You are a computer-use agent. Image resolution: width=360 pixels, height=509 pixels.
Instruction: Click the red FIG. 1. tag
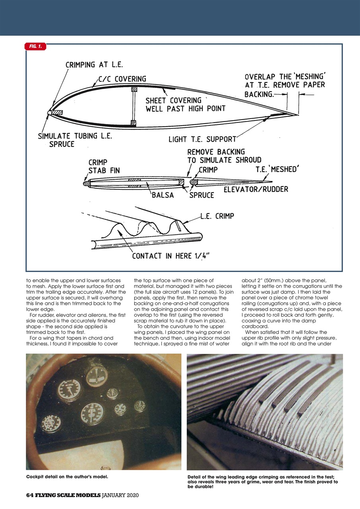point(35,47)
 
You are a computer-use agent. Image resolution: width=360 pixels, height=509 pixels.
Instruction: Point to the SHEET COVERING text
point(173,101)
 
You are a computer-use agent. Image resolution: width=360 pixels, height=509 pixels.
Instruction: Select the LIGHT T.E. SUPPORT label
point(202,139)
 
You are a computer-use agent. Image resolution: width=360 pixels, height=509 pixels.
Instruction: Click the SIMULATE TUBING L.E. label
point(75,136)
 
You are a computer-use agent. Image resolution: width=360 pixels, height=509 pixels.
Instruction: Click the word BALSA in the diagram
point(162,195)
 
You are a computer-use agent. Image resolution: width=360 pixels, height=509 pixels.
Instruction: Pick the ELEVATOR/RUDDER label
point(256,189)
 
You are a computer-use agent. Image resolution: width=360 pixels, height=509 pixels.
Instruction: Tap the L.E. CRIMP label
point(217,216)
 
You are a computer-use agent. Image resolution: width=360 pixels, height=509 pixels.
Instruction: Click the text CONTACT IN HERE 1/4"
point(171,256)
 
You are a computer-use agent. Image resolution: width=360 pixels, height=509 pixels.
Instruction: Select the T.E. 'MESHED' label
point(277,170)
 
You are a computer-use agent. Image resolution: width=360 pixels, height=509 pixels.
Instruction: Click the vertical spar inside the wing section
point(134,105)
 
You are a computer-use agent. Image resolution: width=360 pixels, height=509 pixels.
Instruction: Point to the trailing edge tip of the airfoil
point(298,115)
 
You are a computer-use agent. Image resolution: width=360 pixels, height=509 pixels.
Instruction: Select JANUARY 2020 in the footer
point(120,495)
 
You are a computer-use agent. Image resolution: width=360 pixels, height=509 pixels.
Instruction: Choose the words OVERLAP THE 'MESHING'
point(285,76)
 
